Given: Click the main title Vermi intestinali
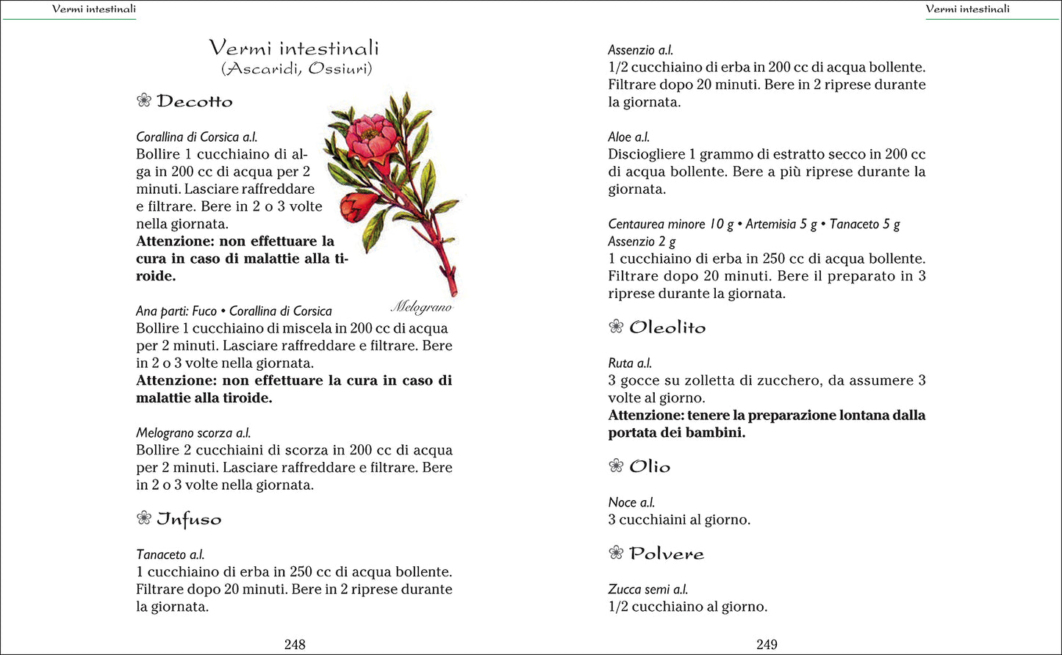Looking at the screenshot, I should coord(294,48).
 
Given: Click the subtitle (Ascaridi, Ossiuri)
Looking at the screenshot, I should coord(296,69).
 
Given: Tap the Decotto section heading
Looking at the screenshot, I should coord(195,101).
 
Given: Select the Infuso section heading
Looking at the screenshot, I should coord(189,519).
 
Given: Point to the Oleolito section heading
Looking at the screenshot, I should coord(667,327).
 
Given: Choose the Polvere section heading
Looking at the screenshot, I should coord(667,554).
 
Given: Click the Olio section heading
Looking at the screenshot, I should coord(650,466).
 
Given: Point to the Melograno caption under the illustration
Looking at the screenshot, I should coord(421,306).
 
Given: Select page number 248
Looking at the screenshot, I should coord(295,644).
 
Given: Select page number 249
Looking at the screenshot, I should coord(767,644).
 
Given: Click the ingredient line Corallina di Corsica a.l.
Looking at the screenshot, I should coord(197,137).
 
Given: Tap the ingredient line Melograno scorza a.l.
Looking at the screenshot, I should coord(193,433).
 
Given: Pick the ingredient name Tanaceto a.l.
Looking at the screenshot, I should coord(171,554).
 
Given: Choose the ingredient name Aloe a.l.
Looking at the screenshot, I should coord(629,137).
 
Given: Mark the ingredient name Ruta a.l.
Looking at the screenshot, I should coord(630,363).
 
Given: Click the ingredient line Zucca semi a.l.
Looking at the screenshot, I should coord(648,589).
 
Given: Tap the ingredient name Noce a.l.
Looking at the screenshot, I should coord(631,502).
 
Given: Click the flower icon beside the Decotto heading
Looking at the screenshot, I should coord(144,101).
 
